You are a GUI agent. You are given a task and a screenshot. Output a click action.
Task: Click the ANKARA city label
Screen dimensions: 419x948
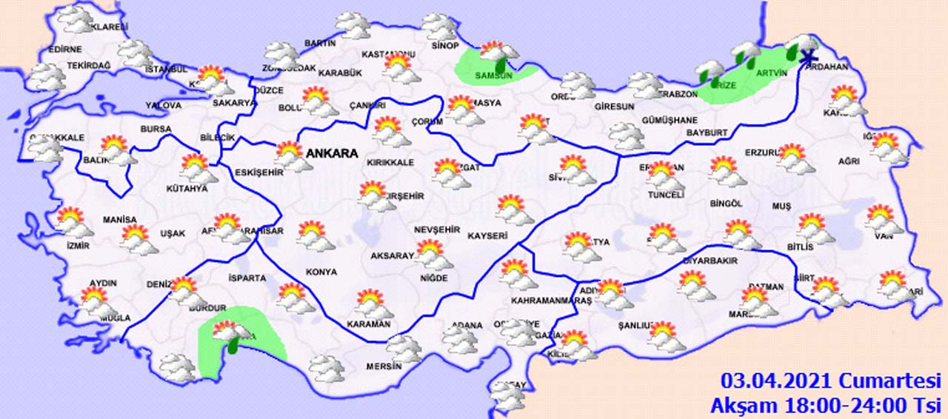pos(331,154)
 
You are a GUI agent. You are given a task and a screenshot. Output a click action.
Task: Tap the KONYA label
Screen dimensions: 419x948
pos(321,272)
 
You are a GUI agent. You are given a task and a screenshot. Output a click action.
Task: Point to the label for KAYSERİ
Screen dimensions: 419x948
pos(487,236)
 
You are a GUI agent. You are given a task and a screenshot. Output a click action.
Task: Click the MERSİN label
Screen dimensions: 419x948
pos(384,366)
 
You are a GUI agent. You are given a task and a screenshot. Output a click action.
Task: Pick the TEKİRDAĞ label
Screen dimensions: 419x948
pos(88,66)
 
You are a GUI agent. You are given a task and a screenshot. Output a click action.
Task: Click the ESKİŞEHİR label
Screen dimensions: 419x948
pos(258,172)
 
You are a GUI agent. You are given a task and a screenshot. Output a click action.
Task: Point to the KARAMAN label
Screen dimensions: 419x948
pos(368,324)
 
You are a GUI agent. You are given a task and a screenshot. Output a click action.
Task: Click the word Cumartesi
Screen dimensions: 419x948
pos(889,381)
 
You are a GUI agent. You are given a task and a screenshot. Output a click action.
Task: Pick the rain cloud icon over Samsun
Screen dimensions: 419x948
pos(498,56)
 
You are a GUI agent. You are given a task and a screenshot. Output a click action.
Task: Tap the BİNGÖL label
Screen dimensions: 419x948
pos(725,204)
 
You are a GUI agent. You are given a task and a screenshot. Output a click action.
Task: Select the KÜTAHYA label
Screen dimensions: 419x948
pos(187,189)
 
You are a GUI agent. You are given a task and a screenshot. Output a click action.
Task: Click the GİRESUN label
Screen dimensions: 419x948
pos(614,107)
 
